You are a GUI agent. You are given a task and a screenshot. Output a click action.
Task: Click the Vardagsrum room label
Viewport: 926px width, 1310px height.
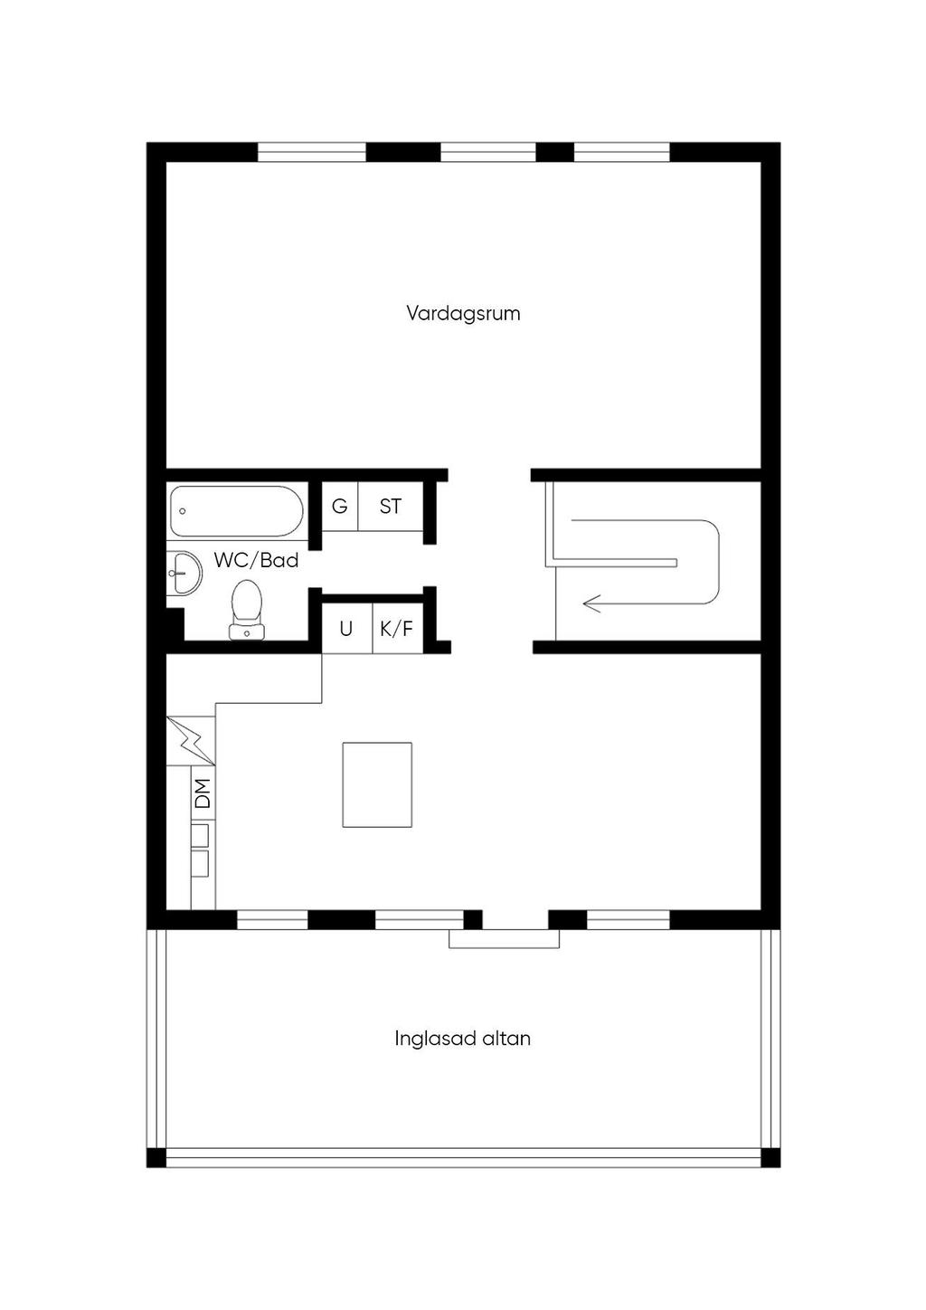point(463,313)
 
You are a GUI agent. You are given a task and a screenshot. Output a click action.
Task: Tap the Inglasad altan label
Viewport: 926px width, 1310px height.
point(462,1039)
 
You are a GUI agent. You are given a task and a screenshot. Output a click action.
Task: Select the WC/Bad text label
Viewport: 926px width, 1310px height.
point(256,560)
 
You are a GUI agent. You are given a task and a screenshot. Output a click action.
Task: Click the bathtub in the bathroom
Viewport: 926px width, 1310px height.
point(237,511)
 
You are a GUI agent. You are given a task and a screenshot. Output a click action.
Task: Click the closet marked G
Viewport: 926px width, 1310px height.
point(340,506)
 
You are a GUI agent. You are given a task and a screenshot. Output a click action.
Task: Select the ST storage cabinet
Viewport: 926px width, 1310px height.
point(391,506)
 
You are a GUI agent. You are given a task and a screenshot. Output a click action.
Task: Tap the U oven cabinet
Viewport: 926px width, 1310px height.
point(346,629)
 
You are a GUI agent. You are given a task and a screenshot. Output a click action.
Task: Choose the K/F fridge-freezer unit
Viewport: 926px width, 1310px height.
point(398,629)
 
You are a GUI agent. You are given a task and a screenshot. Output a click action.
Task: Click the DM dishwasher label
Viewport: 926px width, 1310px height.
point(203,793)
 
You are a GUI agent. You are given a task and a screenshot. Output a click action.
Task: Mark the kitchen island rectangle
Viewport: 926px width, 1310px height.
point(377,785)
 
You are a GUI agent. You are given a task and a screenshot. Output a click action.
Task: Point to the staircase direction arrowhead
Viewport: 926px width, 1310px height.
point(591,603)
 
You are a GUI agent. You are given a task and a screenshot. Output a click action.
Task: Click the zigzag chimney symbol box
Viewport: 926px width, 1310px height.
point(191,741)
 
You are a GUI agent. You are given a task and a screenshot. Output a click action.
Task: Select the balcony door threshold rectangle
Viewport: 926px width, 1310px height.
point(504,938)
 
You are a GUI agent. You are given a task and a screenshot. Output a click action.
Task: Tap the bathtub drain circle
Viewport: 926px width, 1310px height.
point(183,511)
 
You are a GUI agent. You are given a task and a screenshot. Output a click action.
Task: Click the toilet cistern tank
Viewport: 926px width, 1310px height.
point(247,631)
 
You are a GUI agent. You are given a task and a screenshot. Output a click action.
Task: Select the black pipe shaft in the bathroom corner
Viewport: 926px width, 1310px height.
point(175,624)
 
